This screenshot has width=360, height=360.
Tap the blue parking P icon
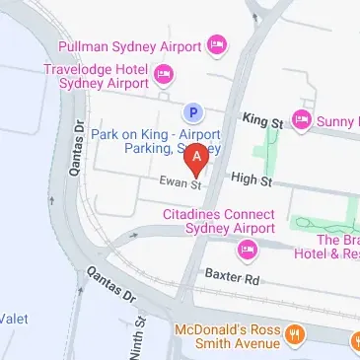194,113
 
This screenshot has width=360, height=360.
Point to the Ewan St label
181,183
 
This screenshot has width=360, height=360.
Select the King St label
262,119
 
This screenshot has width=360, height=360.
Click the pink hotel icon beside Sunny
302,121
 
